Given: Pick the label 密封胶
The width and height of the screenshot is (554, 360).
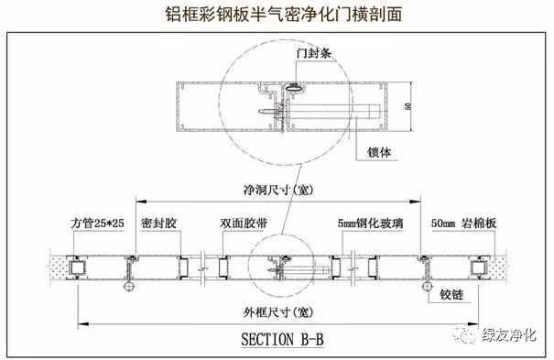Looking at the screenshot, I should [x=159, y=223].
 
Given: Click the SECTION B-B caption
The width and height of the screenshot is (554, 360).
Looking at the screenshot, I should [x=282, y=339].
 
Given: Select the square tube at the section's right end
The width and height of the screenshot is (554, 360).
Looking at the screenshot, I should [x=476, y=267].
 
